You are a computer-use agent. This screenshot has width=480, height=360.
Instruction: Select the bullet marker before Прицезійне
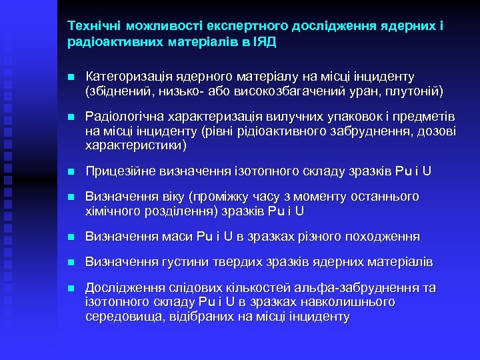(71, 171)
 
